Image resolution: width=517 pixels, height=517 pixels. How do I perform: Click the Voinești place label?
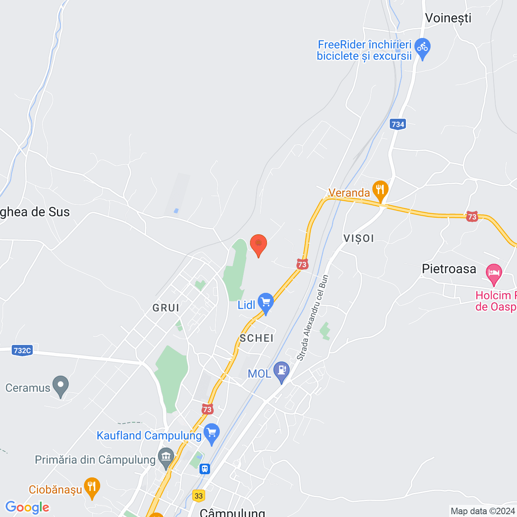pyautogui.click(x=448, y=18)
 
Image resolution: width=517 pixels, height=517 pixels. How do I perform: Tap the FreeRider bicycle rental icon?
pyautogui.click(x=422, y=48)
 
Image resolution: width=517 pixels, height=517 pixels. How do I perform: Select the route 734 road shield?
pyautogui.click(x=398, y=124)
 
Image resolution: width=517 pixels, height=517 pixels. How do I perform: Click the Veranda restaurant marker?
pyautogui.click(x=380, y=190)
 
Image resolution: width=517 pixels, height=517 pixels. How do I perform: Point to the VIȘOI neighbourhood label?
pyautogui.click(x=359, y=238)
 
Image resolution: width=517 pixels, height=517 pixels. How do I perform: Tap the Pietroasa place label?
pyautogui.click(x=449, y=269)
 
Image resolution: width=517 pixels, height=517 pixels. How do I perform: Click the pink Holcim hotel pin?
pyautogui.click(x=494, y=273)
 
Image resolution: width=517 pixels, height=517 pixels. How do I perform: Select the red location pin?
pyautogui.click(x=258, y=244)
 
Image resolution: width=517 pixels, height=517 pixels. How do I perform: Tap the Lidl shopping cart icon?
pyautogui.click(x=266, y=302)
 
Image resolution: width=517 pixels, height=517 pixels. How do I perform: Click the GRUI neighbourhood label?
pyautogui.click(x=166, y=308)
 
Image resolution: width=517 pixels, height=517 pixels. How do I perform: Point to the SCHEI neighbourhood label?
pyautogui.click(x=256, y=338)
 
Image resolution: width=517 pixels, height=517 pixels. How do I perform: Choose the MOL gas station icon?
pyautogui.click(x=282, y=370)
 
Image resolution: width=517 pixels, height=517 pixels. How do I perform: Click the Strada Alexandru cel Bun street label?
pyautogui.click(x=313, y=318)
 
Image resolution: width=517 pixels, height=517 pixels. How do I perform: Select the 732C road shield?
pyautogui.click(x=22, y=350)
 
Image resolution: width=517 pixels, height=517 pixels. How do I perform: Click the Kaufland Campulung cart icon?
pyautogui.click(x=212, y=433)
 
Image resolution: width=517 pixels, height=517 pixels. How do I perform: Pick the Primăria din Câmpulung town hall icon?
pyautogui.click(x=166, y=457)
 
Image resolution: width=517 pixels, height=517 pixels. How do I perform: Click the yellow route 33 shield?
pyautogui.click(x=198, y=496)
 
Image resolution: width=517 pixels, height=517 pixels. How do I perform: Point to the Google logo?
pyautogui.click(x=27, y=507)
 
